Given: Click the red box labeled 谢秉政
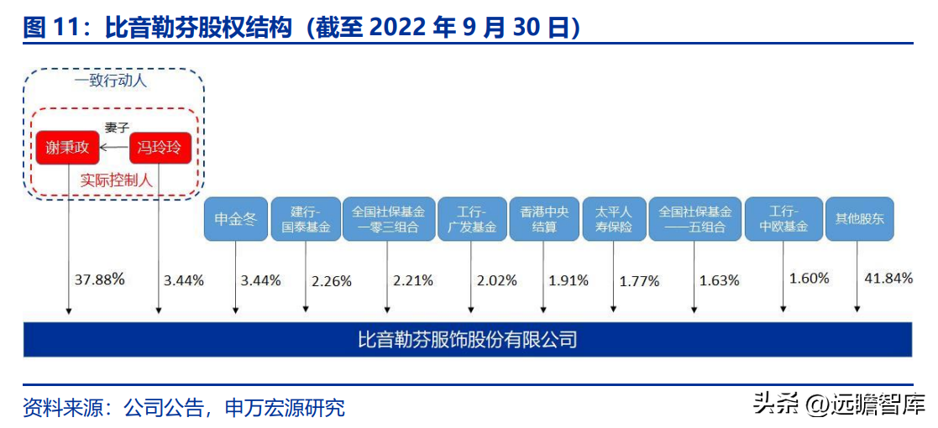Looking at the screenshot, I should coord(66,149).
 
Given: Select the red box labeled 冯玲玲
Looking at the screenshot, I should coord(160,149).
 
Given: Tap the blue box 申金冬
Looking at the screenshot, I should coord(235,220).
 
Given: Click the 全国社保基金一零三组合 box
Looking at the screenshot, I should coord(388,220).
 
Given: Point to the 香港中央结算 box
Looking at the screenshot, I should coord(543,220).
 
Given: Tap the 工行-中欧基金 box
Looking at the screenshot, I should coord(783,220).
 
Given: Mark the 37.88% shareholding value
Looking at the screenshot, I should coord(99,279).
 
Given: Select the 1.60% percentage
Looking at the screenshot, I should coord(809,278).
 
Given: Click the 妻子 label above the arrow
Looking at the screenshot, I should coord(116,128).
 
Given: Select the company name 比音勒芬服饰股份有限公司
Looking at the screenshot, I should coord(468,340).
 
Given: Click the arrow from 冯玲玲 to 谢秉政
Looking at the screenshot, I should coord(114,149).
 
